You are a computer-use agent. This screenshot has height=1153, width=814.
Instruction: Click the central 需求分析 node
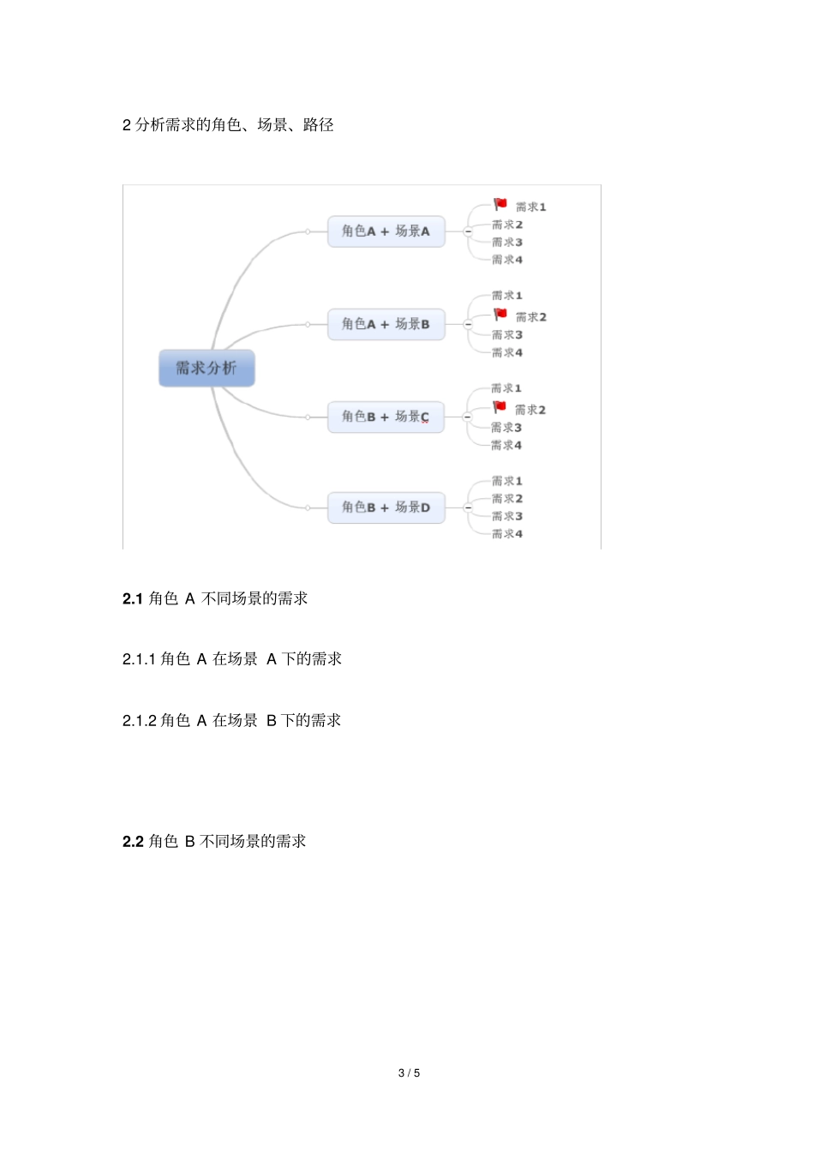[206, 368]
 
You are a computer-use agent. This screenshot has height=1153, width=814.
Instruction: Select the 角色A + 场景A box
[386, 231]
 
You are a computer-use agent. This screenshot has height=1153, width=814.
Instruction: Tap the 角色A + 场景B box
[386, 324]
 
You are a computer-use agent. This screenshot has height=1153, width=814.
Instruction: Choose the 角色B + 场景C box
[386, 417]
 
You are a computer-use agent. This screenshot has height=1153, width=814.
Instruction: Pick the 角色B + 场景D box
[386, 507]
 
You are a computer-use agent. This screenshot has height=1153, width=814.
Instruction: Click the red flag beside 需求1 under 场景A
[500, 204]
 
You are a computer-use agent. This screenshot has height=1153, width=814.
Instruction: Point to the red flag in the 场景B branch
[500, 315]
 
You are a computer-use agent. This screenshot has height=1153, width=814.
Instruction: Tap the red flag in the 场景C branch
[500, 407]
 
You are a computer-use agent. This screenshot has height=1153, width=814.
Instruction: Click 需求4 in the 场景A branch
[507, 260]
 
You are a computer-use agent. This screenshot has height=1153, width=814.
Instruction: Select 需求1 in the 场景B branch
[507, 296]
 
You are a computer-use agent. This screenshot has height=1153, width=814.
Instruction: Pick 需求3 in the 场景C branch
[506, 428]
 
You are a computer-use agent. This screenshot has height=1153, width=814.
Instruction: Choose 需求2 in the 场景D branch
[507, 499]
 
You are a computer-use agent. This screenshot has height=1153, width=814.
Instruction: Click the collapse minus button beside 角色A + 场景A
[468, 231]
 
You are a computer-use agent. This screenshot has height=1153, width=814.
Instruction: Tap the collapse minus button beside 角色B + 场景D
[468, 507]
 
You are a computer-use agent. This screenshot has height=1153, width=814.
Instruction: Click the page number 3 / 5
[409, 1073]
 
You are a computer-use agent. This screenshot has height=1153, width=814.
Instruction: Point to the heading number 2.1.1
[139, 659]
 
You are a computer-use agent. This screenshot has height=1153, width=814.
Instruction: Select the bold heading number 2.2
[133, 842]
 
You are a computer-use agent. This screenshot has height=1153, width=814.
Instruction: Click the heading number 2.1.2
[139, 721]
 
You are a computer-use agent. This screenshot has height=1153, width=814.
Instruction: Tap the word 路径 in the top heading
[319, 125]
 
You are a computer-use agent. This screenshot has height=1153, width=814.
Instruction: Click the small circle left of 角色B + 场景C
[308, 417]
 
